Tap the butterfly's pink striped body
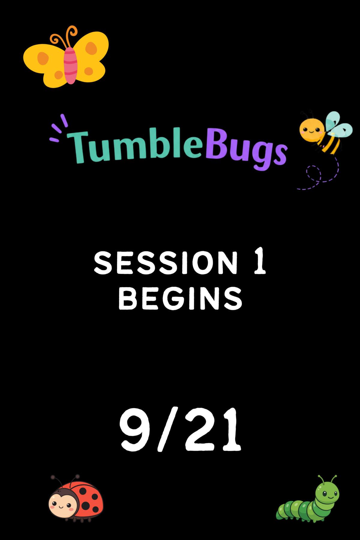click(71, 65)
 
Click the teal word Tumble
click(135, 145)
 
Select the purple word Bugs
click(246, 148)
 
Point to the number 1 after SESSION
click(260, 261)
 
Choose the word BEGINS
click(180, 298)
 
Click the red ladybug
click(76, 498)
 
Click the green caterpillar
click(307, 499)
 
